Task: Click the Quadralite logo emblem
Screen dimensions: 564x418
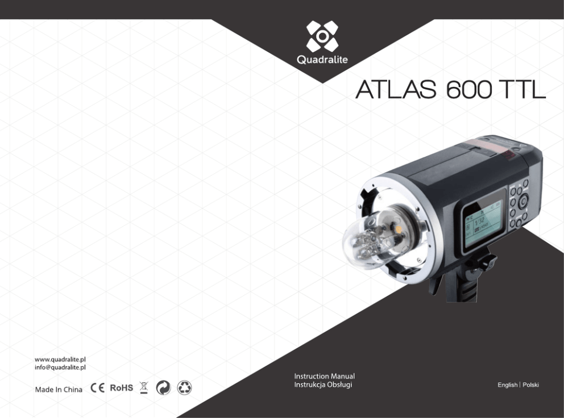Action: coord(322,36)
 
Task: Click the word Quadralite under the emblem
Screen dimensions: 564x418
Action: coord(322,59)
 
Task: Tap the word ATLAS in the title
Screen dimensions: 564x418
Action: coord(396,89)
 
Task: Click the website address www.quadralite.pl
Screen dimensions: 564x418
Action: coord(60,360)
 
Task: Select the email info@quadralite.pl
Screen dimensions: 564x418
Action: coord(60,367)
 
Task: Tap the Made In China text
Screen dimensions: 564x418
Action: coord(59,390)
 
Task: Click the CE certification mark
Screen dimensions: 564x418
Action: coord(97,388)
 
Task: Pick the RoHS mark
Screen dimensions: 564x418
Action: coord(121,388)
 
